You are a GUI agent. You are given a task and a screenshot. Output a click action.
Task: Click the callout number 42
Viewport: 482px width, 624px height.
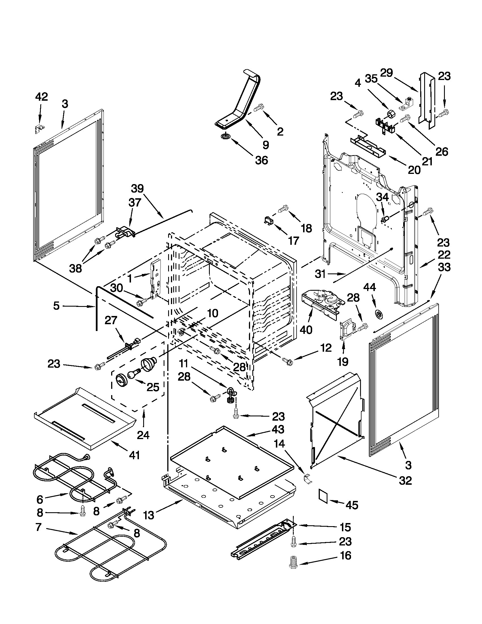pos(41,97)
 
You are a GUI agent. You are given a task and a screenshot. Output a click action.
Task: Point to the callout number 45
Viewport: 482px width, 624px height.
pos(352,505)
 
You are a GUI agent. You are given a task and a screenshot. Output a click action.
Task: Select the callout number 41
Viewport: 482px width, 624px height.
pos(134,455)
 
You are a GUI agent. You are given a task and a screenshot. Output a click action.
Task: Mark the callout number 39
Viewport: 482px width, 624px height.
pos(137,189)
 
